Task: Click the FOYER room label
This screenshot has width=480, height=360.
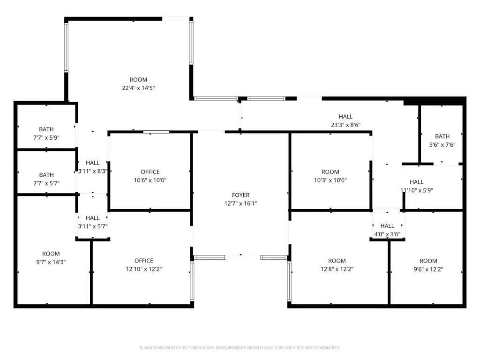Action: tap(240, 195)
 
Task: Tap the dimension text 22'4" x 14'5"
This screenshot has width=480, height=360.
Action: tap(138, 88)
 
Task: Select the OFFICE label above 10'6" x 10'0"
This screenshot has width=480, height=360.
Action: tap(150, 172)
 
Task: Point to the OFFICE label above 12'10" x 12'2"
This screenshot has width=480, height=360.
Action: tap(144, 261)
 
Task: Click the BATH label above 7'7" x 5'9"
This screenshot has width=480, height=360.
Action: tap(46, 129)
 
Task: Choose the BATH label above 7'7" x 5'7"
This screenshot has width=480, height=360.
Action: tap(46, 175)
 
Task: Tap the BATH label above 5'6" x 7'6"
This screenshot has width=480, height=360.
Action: tap(442, 136)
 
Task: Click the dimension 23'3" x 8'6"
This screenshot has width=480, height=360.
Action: tap(345, 125)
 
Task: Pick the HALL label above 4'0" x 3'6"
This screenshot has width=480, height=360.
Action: tap(387, 226)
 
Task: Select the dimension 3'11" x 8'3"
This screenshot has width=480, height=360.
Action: tap(92, 171)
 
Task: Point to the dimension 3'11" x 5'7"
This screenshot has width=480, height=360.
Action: tap(92, 226)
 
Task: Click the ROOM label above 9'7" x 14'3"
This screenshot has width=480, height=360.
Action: tap(51, 254)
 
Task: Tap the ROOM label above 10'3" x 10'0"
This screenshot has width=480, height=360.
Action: tap(330, 172)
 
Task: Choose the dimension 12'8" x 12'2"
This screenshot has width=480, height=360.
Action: tap(337, 269)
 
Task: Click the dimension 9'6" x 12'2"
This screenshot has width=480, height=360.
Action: tap(428, 270)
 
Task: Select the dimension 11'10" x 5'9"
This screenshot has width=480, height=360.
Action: tap(417, 190)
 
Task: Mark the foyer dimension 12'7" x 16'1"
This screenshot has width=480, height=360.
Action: tap(240, 203)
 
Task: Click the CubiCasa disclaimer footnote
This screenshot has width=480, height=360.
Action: tap(240, 348)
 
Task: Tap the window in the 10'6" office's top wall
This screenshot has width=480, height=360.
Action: tap(156, 132)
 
